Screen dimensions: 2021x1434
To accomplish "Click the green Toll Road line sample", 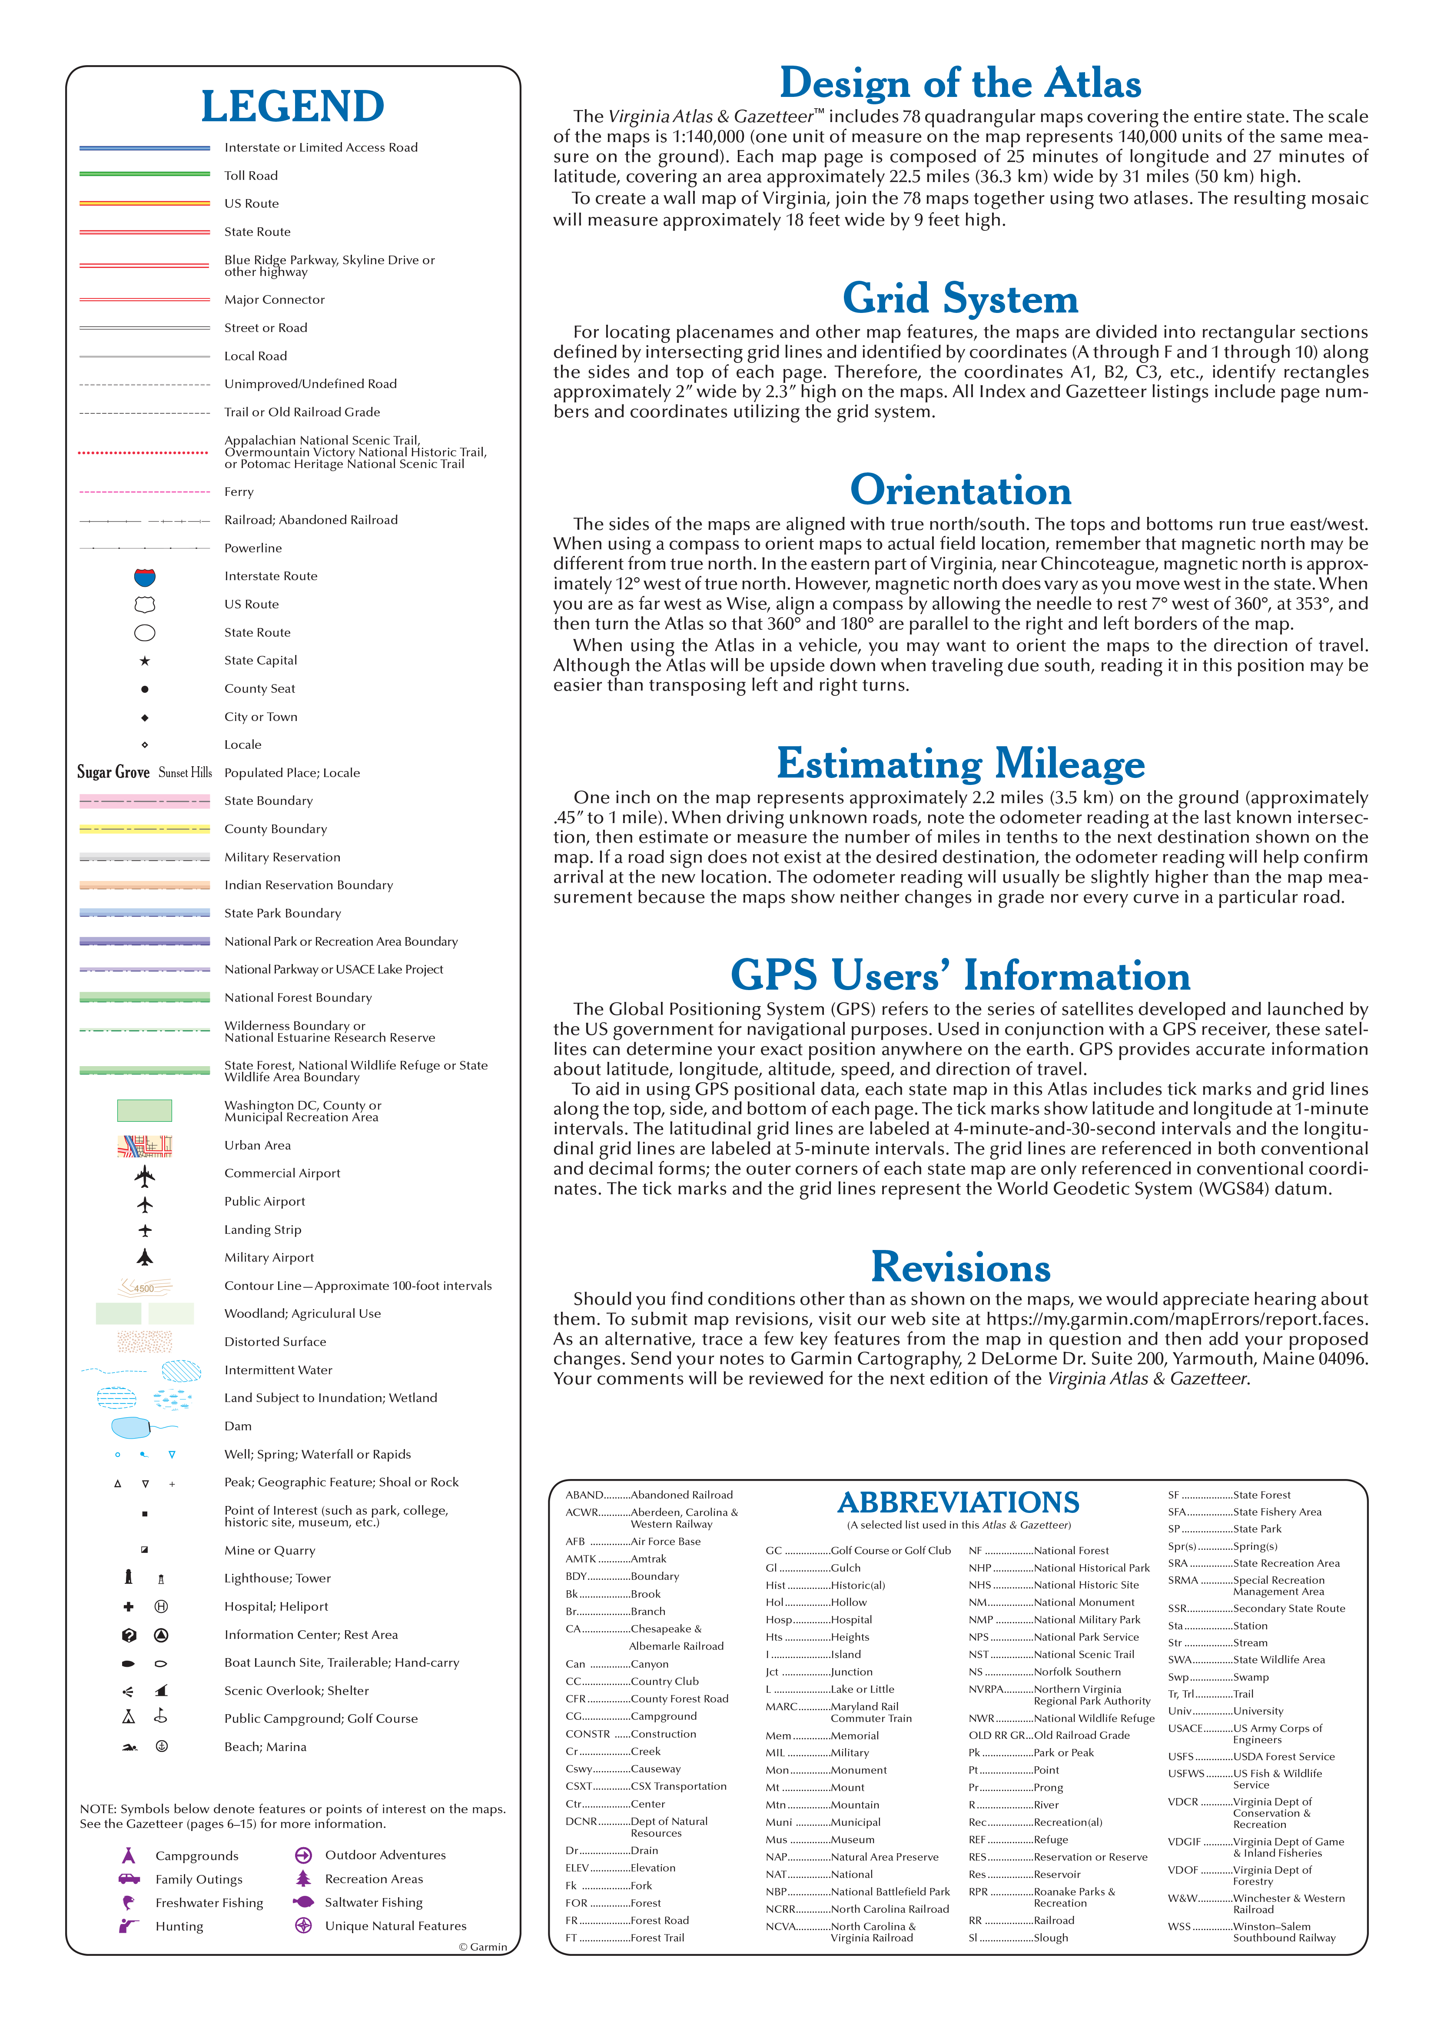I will [x=145, y=175].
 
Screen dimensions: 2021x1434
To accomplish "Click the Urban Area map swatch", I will [x=145, y=1146].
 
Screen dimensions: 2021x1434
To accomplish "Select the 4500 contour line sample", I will [x=145, y=1287].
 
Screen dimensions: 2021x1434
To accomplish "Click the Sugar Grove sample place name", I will [x=113, y=773].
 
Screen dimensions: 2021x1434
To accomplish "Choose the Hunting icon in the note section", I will [x=129, y=1926].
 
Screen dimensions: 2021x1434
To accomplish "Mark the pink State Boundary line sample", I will [x=145, y=801].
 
